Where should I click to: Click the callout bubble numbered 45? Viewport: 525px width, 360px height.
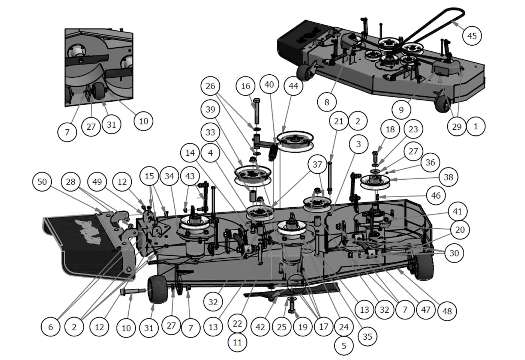click(472, 36)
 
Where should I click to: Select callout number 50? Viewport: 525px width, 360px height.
click(42, 182)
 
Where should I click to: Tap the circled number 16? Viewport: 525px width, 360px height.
click(246, 86)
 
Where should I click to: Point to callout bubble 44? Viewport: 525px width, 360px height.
click(293, 86)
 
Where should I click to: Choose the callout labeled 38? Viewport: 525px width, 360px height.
click(448, 177)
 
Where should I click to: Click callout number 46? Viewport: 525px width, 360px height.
click(436, 195)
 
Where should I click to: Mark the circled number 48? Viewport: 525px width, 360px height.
click(447, 311)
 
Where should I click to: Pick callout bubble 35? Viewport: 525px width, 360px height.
click(367, 337)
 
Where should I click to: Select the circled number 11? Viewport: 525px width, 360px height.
click(237, 342)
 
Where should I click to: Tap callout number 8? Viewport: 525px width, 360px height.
click(327, 102)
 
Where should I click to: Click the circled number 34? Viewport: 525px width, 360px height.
click(169, 176)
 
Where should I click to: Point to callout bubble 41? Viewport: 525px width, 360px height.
click(457, 211)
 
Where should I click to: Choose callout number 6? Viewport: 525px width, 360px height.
click(51, 327)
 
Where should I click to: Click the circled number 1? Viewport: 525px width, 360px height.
click(476, 126)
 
